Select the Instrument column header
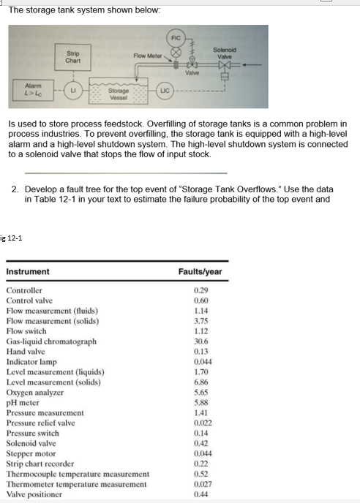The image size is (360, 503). click(28, 271)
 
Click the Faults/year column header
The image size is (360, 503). click(200, 271)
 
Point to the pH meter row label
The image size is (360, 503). click(24, 402)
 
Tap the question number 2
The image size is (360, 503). click(15, 189)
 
